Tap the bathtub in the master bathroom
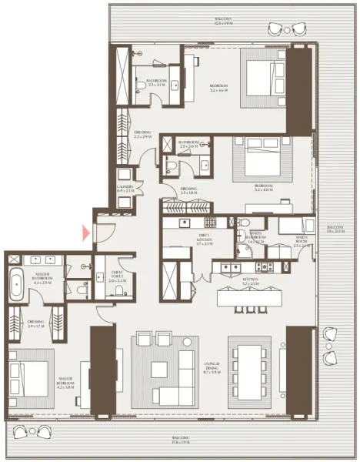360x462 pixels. click(x=17, y=286)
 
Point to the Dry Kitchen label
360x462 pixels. click(x=182, y=242)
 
